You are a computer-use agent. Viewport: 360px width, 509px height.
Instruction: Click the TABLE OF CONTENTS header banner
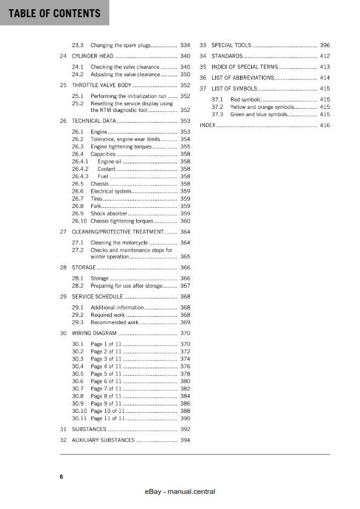tap(54, 13)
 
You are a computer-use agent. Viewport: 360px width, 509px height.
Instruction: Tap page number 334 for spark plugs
tap(185, 45)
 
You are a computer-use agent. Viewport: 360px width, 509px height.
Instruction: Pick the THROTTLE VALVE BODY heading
tap(101, 85)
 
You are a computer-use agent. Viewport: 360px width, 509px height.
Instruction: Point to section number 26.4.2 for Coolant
tap(80, 169)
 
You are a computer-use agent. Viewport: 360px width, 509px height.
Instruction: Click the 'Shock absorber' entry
tap(109, 213)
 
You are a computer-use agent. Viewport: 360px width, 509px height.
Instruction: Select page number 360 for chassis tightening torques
tap(185, 221)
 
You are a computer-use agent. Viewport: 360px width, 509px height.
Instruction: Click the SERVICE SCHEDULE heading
tap(97, 297)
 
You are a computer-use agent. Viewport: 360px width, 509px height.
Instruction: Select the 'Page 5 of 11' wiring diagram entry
tap(106, 374)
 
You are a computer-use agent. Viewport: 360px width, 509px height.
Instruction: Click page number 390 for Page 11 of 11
tap(185, 418)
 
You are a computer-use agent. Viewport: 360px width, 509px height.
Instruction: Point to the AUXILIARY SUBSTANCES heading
tap(103, 440)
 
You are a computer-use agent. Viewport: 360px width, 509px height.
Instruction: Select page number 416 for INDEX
tap(325, 125)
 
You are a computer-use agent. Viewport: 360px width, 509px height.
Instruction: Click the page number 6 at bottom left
tap(61, 477)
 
